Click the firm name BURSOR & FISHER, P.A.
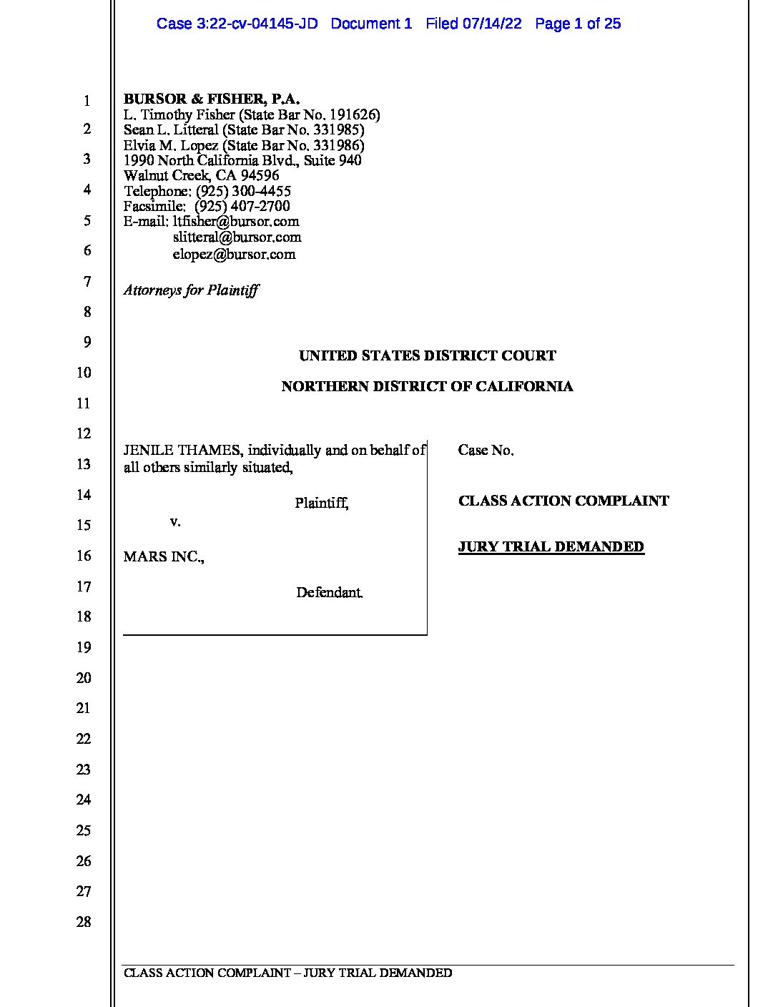(212, 99)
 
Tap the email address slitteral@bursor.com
(237, 237)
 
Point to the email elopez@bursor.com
(234, 255)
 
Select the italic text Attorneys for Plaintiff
(191, 290)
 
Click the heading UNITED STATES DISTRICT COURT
(427, 355)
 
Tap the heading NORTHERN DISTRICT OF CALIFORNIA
(427, 387)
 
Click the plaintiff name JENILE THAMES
(182, 451)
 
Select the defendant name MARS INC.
(163, 557)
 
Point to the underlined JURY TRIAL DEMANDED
(551, 547)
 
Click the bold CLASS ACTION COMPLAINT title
(563, 501)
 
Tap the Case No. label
(486, 451)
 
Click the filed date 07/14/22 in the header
(492, 24)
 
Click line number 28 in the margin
(84, 923)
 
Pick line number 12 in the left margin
(84, 434)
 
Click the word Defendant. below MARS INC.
(330, 593)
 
